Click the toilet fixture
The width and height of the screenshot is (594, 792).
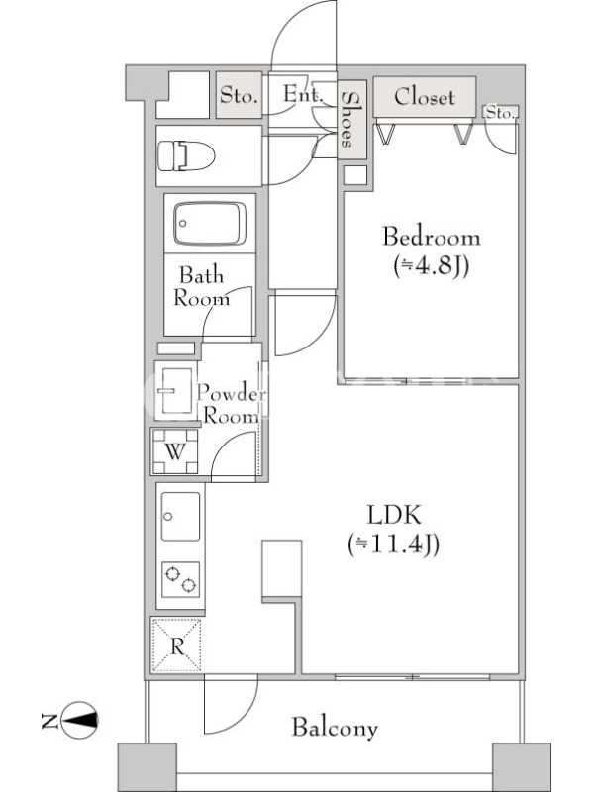[186, 156]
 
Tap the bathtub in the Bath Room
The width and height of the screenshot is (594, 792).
[210, 224]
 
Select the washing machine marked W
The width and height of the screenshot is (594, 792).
[175, 451]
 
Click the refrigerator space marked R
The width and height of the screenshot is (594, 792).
[177, 645]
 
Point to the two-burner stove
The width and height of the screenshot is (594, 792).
[181, 579]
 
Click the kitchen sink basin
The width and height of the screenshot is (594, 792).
[180, 516]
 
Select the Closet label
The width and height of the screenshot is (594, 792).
[425, 96]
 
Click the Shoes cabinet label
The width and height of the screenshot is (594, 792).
[347, 120]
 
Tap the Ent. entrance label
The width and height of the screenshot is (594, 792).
[303, 94]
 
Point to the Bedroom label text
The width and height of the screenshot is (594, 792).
[432, 237]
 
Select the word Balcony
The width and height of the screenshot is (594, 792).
[335, 728]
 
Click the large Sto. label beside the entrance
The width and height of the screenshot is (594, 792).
[239, 95]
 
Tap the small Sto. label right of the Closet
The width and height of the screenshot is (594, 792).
[500, 113]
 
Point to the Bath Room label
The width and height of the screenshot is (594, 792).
[202, 287]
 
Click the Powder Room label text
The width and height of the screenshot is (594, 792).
[232, 404]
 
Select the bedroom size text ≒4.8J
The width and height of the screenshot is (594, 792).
[432, 265]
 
